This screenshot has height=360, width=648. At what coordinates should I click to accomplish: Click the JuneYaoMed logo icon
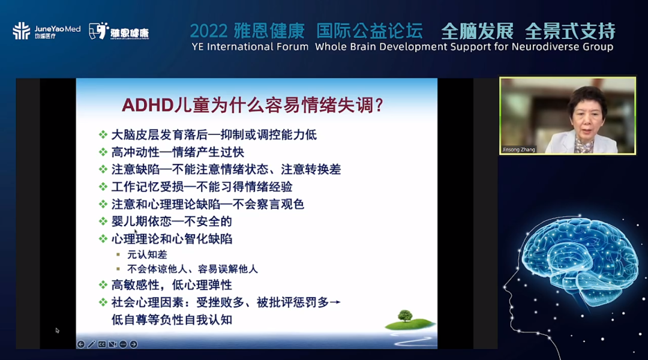pos(21,31)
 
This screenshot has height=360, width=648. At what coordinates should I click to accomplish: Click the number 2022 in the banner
pos(209,31)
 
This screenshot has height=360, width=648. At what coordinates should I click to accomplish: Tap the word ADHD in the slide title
pos(148,105)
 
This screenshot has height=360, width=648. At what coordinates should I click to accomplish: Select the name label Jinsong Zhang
pos(518,149)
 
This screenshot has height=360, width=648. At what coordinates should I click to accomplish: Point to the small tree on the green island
pos(405,316)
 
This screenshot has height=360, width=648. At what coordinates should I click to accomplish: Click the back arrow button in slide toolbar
pos(81,344)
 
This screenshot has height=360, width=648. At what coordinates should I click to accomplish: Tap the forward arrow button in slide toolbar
pos(133,344)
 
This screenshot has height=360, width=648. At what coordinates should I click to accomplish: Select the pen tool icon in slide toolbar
pos(91,344)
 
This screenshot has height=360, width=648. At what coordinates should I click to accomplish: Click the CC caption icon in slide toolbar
pos(101,344)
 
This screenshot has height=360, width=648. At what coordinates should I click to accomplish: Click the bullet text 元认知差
pos(147,254)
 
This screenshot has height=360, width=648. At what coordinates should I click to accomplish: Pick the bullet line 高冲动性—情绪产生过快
pos(178,152)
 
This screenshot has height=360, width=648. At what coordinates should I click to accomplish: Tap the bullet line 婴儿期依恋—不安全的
pos(172,221)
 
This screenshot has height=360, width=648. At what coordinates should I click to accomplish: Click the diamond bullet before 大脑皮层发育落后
pos(103,135)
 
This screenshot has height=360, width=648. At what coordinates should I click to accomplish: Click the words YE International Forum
pos(250,47)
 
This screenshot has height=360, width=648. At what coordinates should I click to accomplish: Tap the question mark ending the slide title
pos(379,106)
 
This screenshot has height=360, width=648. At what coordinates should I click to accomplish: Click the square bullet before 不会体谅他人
pos(118,269)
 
